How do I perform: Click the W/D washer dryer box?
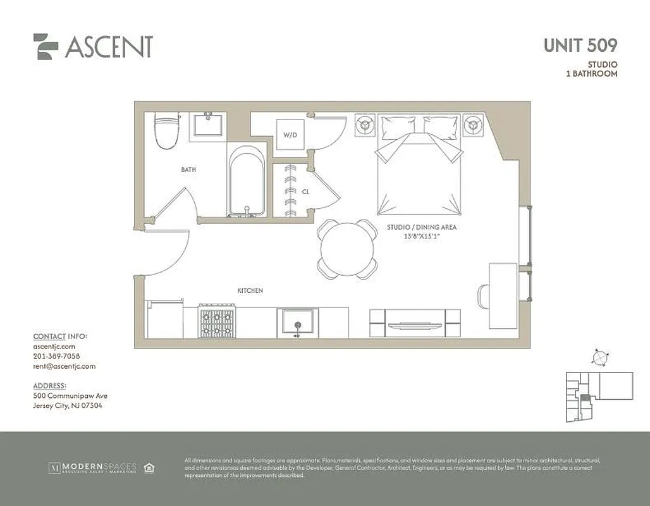coord(290,135)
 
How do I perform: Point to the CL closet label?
coord(305,191)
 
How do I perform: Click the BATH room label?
coord(188,170)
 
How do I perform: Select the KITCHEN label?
coord(250,290)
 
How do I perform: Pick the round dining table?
coord(348,249)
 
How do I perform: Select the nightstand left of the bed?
coord(365,125)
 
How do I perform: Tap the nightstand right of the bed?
coord(472,125)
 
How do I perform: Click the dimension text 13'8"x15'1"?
coord(422,236)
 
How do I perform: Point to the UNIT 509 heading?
coord(580,46)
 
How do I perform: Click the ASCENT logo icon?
coord(46,46)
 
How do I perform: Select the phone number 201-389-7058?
coord(56,356)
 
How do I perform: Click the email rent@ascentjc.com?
coord(64,366)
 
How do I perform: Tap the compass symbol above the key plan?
coord(599,357)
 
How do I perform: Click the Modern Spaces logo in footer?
coord(92,468)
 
